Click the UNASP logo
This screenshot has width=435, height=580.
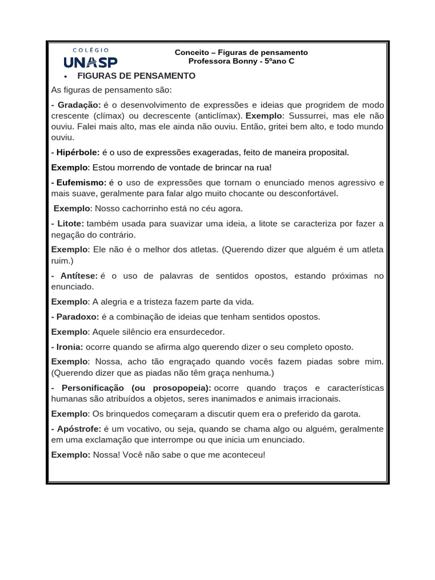pos(91,62)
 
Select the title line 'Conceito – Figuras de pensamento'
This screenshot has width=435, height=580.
pos(241,52)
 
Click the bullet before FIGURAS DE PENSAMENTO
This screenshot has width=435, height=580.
pos(66,76)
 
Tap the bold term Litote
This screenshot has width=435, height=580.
pos(70,224)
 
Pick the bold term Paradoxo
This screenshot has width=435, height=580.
pos(78,317)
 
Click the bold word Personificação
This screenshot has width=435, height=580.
pos(93,387)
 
